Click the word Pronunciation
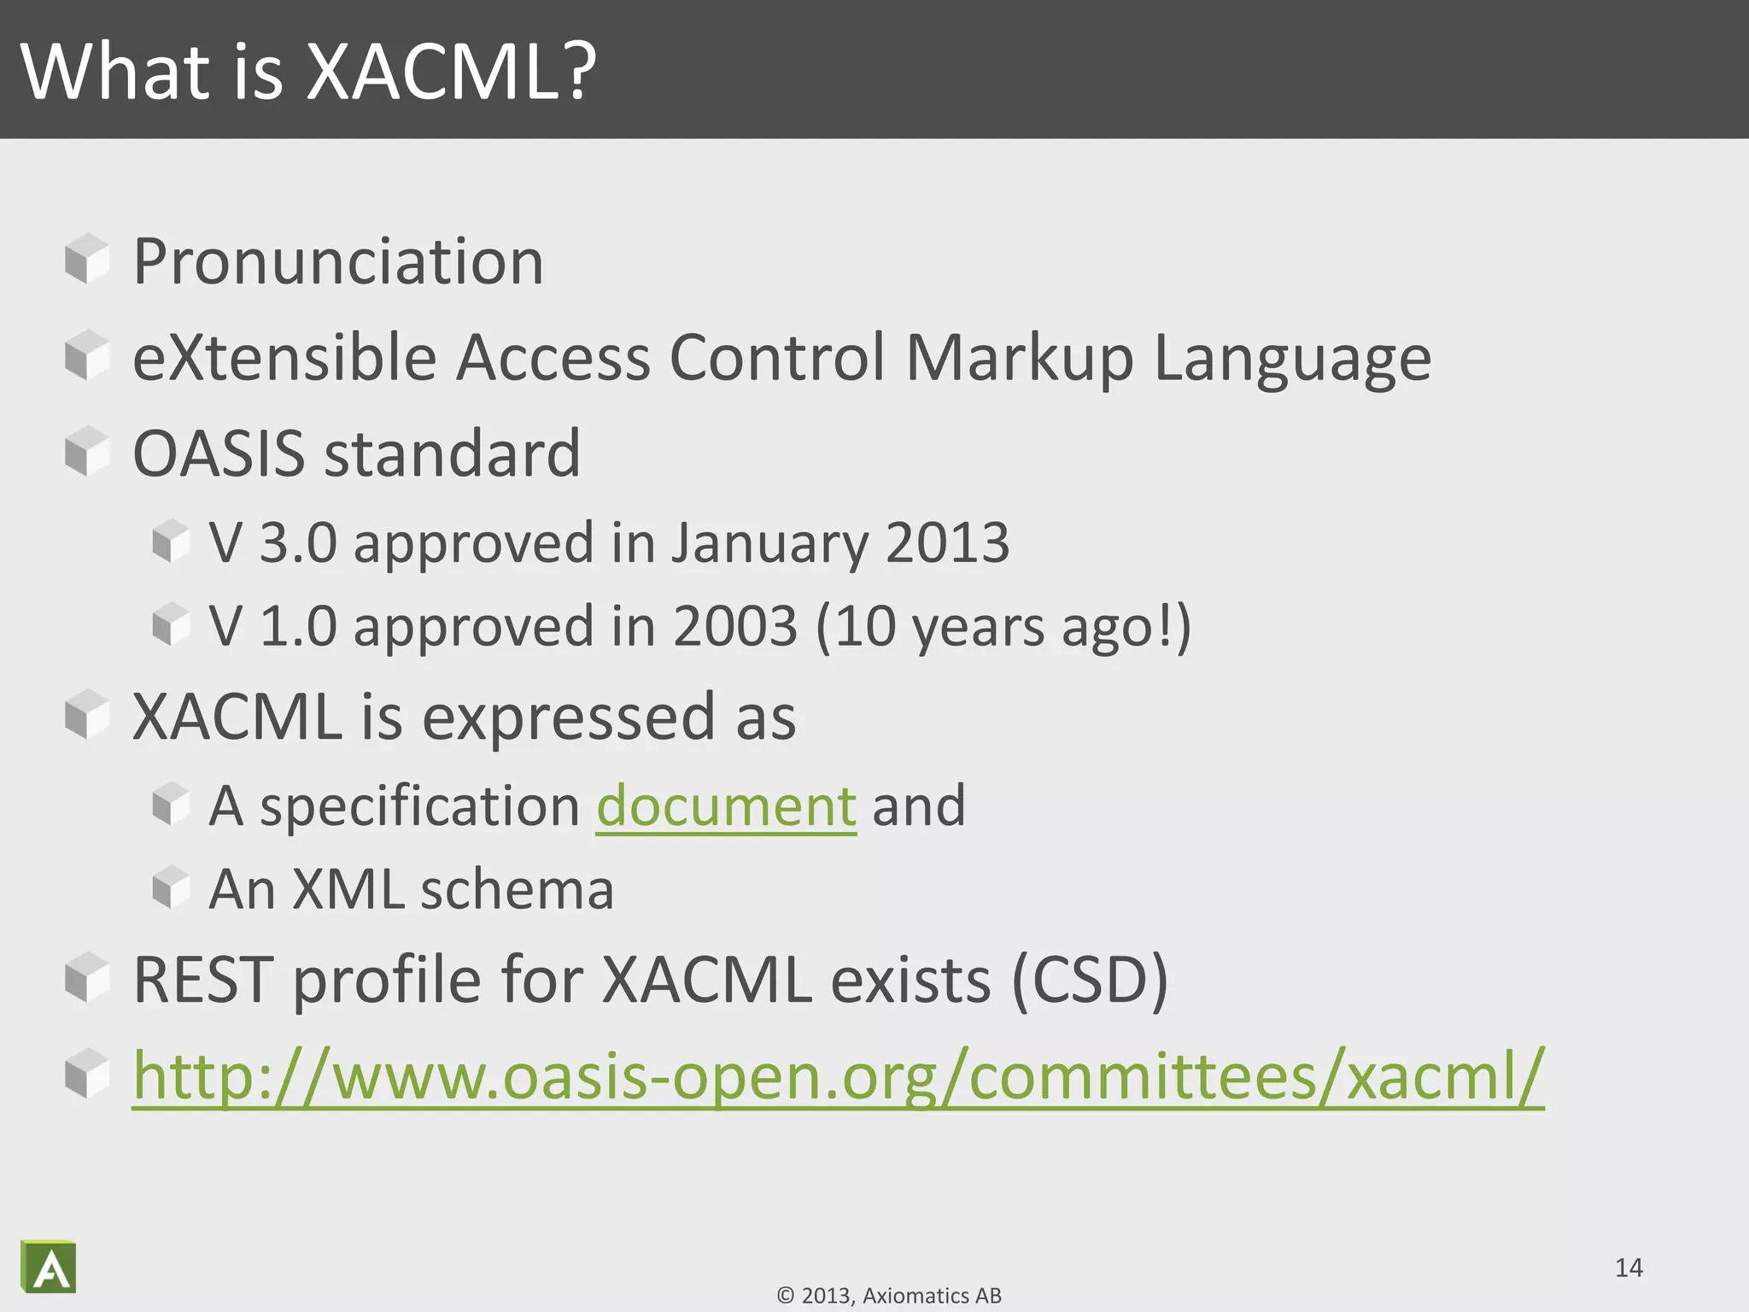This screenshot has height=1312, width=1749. pyautogui.click(x=338, y=261)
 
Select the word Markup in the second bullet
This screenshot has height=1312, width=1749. pyautogui.click(x=1020, y=359)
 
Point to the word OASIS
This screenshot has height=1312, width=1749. pyautogui.click(x=219, y=454)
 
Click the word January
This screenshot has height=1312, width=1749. pyautogui.click(x=768, y=543)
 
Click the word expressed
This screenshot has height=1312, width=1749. pyautogui.click(x=568, y=717)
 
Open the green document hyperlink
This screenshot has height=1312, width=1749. pyautogui.click(x=726, y=805)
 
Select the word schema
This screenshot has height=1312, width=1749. pyautogui.click(x=517, y=889)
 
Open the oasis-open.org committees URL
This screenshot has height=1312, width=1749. pyautogui.click(x=838, y=1076)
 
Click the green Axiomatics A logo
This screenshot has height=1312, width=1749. pyautogui.click(x=50, y=1267)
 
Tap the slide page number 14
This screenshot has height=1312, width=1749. pyautogui.click(x=1629, y=1268)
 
